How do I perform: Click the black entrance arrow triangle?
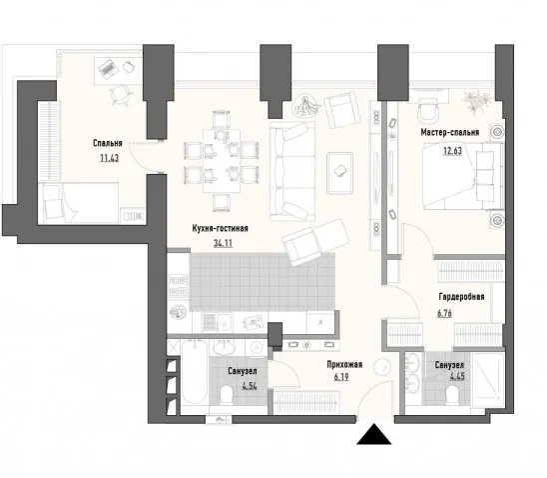[374, 435]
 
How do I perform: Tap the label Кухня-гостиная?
[221, 229]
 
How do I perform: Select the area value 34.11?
[223, 243]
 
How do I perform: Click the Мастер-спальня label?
[450, 132]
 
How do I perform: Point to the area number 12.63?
[452, 151]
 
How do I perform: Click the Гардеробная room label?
[461, 297]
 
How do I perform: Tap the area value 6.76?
[444, 313]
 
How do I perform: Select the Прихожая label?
[344, 365]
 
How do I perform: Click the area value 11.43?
[109, 158]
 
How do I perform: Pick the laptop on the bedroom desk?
[108, 68]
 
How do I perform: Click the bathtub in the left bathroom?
[195, 373]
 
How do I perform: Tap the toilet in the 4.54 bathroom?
[227, 395]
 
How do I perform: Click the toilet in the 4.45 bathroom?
[452, 394]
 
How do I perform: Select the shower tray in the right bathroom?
[488, 380]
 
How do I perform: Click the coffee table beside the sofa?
[339, 173]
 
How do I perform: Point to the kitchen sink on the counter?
[224, 322]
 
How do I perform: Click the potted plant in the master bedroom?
[476, 99]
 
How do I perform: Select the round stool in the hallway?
[382, 367]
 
